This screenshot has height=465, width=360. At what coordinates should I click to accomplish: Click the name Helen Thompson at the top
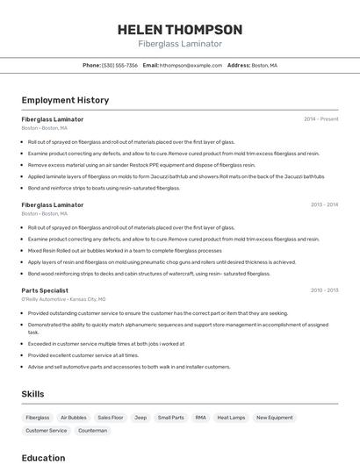180,29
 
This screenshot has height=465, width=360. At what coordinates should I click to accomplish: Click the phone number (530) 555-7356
119,65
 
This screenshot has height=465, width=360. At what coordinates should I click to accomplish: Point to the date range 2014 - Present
321,119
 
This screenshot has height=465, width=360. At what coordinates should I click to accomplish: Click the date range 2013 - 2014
324,205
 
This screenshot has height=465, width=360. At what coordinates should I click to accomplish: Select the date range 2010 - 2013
324,290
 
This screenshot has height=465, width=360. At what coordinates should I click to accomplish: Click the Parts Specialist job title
45,290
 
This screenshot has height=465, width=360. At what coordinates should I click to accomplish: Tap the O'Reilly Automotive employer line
63,299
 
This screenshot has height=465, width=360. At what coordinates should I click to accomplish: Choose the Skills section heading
33,394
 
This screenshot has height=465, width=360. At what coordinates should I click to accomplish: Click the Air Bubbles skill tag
74,418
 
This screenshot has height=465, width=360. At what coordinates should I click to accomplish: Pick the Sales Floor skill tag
111,418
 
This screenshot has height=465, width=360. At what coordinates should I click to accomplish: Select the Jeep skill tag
140,418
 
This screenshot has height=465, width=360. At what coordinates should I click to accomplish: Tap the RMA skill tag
200,418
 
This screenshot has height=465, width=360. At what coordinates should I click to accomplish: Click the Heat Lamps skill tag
231,418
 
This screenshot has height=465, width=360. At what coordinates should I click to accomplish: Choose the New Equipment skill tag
275,418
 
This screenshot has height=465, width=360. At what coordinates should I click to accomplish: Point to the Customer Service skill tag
46,431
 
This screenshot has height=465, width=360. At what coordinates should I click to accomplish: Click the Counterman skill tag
92,431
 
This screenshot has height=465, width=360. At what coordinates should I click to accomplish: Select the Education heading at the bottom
43,457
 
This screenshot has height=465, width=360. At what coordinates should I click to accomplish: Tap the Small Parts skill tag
170,418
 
